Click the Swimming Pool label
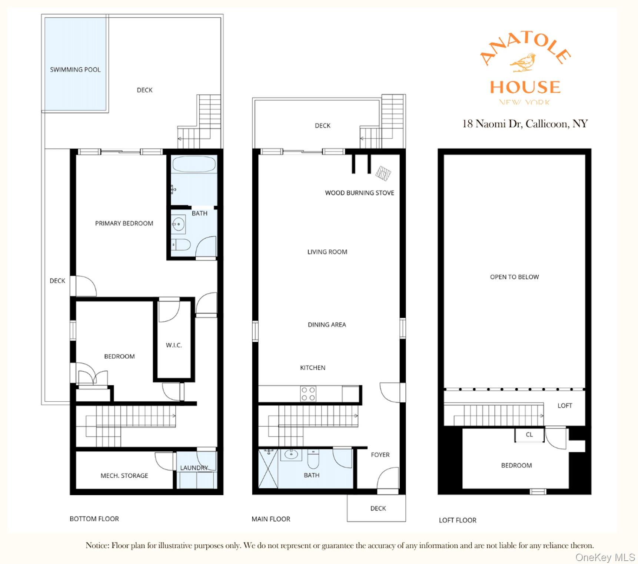point(75,69)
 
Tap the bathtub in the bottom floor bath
point(193,164)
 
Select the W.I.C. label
point(174,345)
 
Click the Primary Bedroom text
point(124,223)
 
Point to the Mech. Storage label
point(124,475)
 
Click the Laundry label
point(194,468)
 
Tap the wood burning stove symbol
point(383,173)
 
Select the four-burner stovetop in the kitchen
point(308,394)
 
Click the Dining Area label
point(327,325)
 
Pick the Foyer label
point(380,455)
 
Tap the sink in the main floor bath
point(291,454)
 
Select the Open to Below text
point(514,277)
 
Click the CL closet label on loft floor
point(529,435)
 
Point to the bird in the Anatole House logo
point(523,62)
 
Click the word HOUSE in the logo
point(525,87)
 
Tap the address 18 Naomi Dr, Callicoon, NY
point(525,123)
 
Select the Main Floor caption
point(271,519)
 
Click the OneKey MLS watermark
point(605,557)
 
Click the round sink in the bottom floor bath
point(178,224)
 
